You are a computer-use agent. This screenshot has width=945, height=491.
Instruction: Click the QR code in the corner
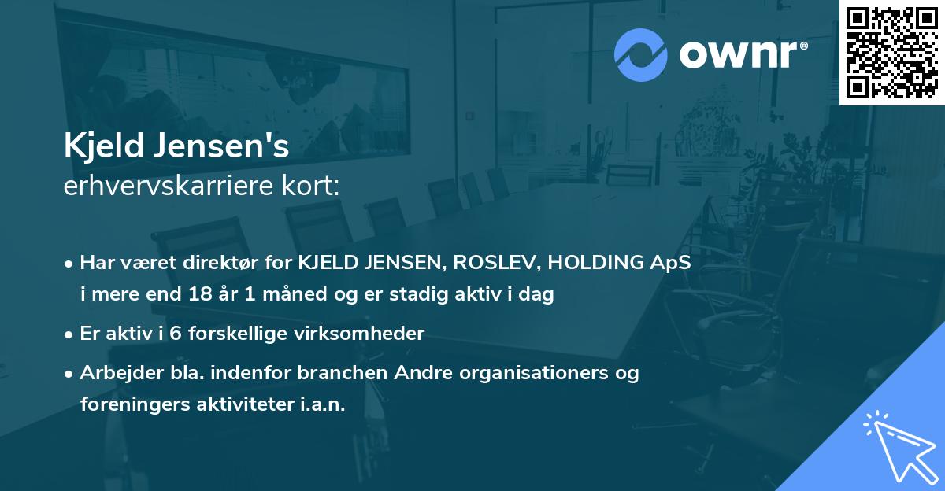click(x=891, y=52)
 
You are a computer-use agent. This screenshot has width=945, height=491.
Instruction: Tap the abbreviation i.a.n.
click(x=321, y=404)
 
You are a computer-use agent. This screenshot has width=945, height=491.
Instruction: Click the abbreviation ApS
click(x=671, y=263)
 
